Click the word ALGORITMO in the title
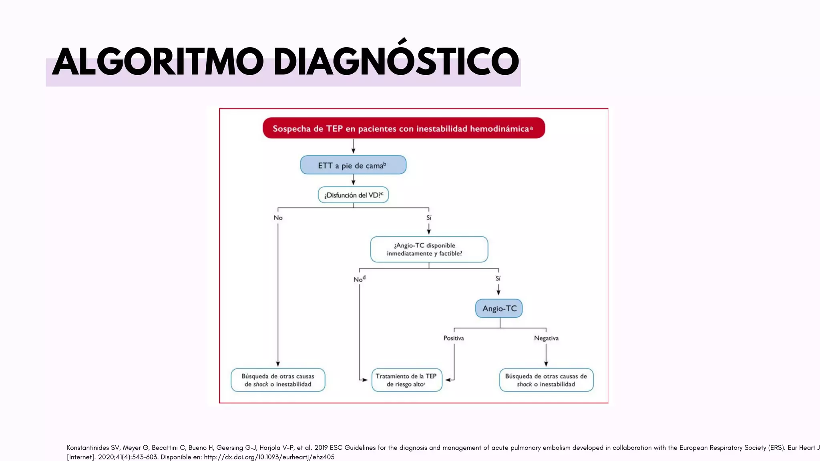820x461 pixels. pos(158,62)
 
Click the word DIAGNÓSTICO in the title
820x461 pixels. pos(396,62)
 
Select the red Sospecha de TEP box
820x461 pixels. pos(404,128)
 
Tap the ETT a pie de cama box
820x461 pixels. pos(353,165)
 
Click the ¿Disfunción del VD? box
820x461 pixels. pos(353,195)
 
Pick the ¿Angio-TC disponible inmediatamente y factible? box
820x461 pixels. pos(429,249)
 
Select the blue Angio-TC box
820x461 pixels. pos(499,309)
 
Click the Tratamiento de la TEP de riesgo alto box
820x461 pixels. pos(406,380)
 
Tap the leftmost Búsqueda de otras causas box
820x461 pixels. pos(278,380)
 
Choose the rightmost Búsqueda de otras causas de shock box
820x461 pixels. pos(546,380)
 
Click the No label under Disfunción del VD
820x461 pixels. pos(278,218)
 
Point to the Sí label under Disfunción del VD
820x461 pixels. pos(429,218)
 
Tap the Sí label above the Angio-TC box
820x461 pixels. pos(498,279)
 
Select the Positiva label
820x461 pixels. pos(454,338)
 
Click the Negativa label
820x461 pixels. pos(546,338)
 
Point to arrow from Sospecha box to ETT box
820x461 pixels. pos(353,146)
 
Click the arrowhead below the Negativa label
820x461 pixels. pos(546,364)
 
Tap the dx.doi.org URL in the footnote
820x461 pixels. pos(269,457)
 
